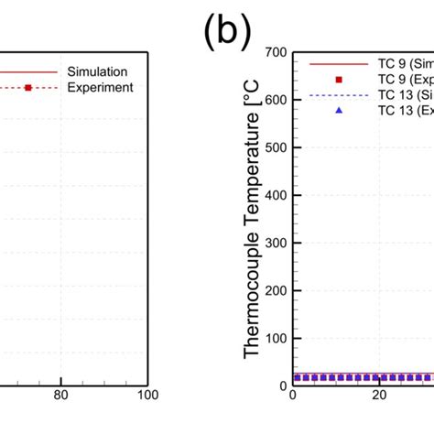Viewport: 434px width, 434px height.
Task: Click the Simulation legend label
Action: tap(98, 71)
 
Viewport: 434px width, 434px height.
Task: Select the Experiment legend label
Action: tap(100, 87)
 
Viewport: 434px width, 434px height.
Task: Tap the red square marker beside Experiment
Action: tap(28, 87)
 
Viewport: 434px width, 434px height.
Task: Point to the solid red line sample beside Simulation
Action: tap(28, 71)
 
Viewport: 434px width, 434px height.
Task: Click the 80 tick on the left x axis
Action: tap(61, 395)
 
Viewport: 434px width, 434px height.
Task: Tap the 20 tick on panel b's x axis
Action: tap(377, 395)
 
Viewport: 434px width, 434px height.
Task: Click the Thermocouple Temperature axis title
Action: tap(252, 220)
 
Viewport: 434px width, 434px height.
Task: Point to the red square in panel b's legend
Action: tap(338, 80)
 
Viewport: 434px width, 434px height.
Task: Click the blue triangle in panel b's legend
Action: tap(338, 110)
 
